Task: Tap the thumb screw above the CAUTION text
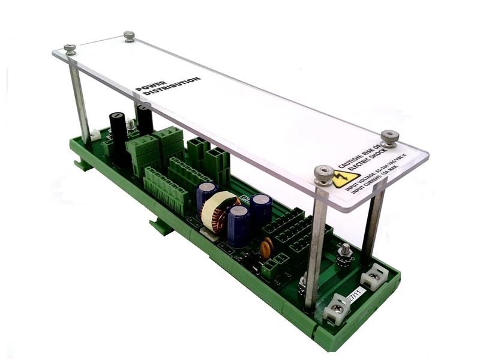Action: click(389, 137)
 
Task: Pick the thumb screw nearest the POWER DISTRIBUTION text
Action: click(129, 36)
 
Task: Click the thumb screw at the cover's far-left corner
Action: click(70, 49)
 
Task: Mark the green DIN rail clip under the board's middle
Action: click(161, 227)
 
